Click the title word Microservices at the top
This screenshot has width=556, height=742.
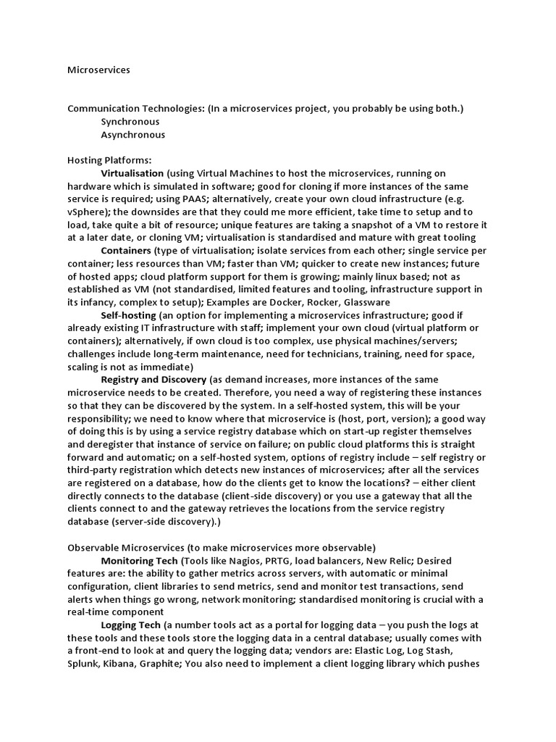point(98,70)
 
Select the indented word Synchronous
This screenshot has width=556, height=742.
point(130,122)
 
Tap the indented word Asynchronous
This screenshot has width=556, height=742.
point(133,135)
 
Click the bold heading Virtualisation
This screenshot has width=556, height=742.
point(132,173)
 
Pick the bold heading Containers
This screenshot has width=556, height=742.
point(130,251)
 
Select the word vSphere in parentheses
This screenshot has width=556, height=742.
point(88,212)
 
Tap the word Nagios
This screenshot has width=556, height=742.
point(236,561)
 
